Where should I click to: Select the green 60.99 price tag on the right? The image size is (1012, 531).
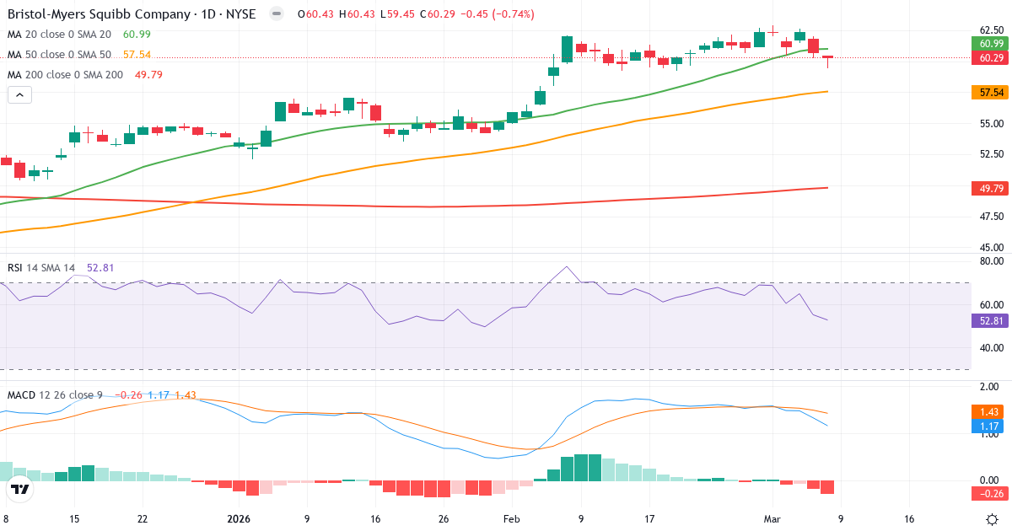[991, 44]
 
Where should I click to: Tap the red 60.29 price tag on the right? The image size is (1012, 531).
[991, 58]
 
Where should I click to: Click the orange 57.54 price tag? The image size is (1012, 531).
[991, 91]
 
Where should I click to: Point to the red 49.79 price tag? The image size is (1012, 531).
[991, 188]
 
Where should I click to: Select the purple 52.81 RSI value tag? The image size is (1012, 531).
[991, 320]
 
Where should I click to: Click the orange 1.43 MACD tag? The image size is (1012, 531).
[991, 411]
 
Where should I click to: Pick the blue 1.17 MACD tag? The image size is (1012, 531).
[991, 426]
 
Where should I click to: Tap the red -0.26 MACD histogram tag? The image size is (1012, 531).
[991, 493]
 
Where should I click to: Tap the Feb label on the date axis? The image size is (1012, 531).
[512, 519]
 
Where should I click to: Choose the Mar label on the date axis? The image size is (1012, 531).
[772, 519]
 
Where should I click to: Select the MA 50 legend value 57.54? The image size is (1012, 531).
[137, 54]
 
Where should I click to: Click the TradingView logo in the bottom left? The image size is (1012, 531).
[20, 489]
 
